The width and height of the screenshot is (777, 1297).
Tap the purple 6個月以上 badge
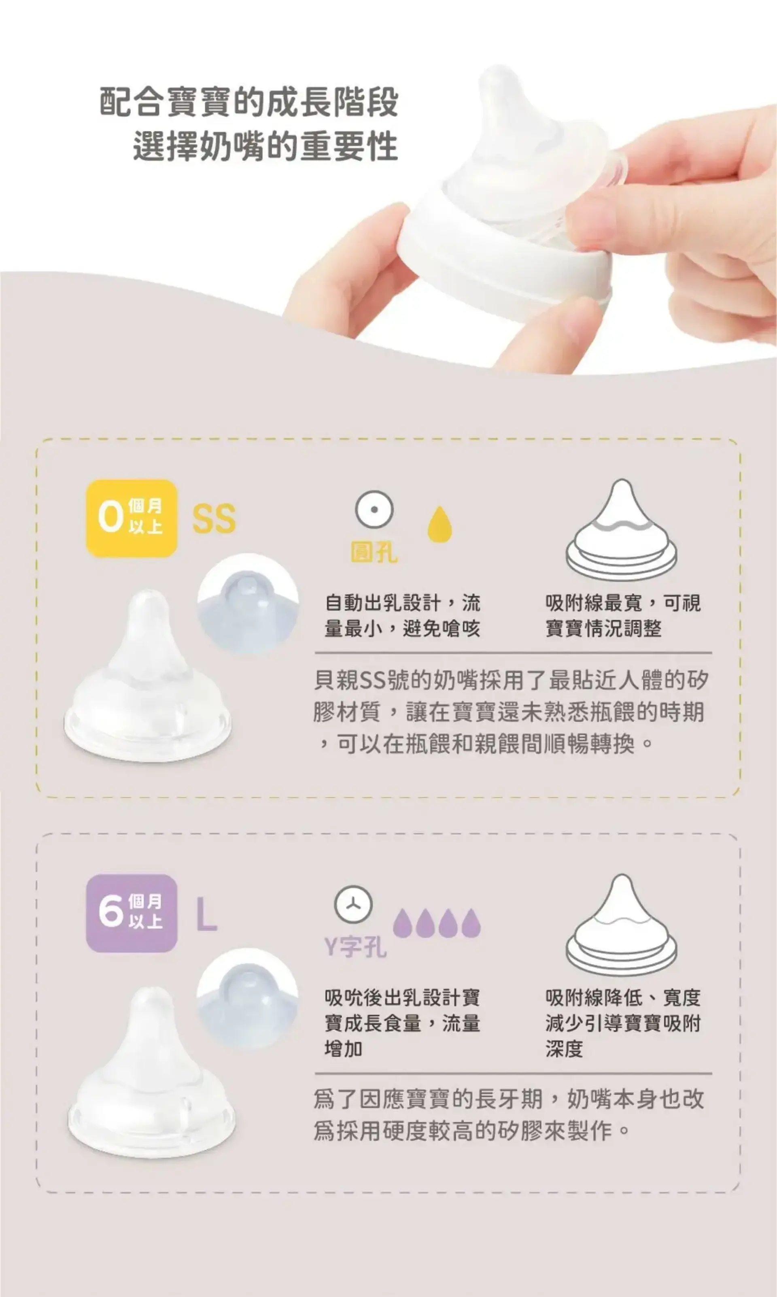click(132, 913)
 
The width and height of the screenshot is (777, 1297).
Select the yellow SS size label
click(214, 519)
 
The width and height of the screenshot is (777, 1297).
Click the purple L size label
click(207, 914)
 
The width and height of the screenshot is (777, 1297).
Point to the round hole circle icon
click(374, 509)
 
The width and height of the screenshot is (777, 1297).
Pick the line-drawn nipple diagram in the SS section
click(622, 530)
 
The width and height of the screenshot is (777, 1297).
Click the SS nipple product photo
click(147, 676)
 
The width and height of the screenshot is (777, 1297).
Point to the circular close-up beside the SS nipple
click(248, 604)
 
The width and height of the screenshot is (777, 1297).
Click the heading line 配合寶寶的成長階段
click(249, 102)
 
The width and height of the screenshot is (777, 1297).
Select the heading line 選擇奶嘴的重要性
click(265, 146)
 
